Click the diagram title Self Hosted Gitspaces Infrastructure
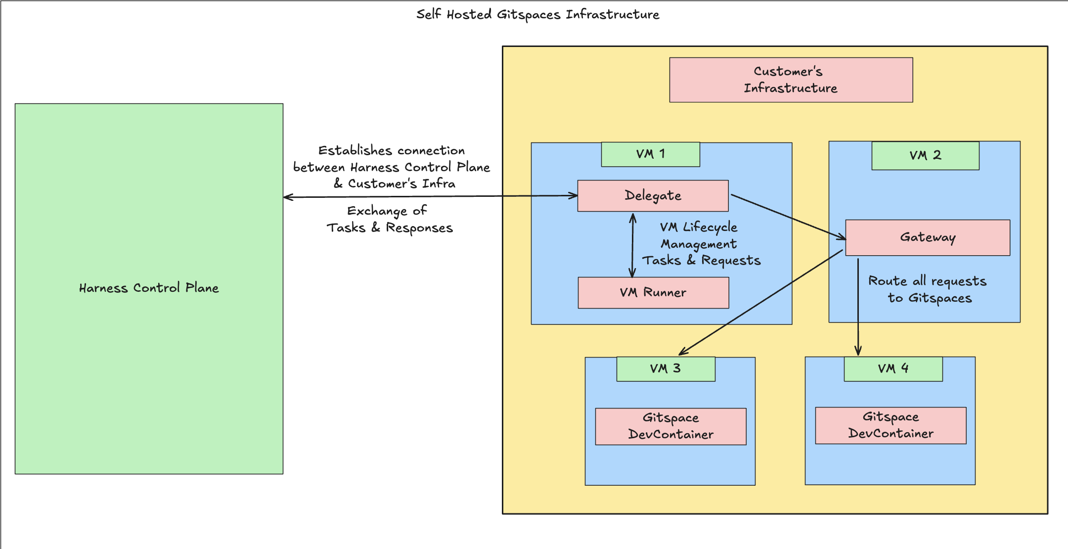(537, 14)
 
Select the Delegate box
(653, 196)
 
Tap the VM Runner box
(653, 293)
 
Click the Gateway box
(927, 237)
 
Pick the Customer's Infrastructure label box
(791, 80)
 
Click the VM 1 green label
(650, 154)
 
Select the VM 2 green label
(925, 155)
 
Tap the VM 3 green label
(665, 369)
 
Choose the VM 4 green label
(892, 369)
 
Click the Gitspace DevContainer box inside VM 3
(670, 426)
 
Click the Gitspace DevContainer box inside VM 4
(890, 425)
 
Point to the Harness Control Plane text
(149, 288)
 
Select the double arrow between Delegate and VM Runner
(632, 245)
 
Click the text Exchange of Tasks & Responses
(389, 219)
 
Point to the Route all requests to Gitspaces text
(928, 289)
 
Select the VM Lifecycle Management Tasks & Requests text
(701, 244)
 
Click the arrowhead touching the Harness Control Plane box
(288, 197)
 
